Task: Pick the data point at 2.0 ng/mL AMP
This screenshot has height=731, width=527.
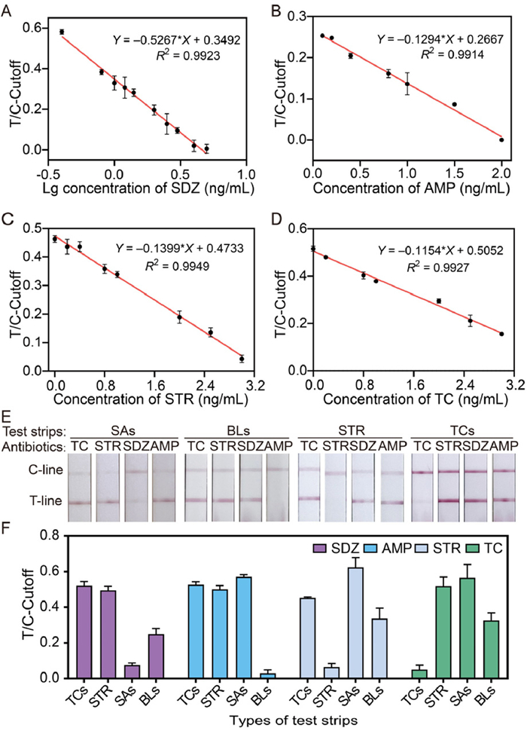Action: pyautogui.click(x=501, y=139)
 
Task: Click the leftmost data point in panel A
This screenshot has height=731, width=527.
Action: pyautogui.click(x=62, y=32)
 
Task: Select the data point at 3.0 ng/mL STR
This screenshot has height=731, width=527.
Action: pyautogui.click(x=242, y=359)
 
